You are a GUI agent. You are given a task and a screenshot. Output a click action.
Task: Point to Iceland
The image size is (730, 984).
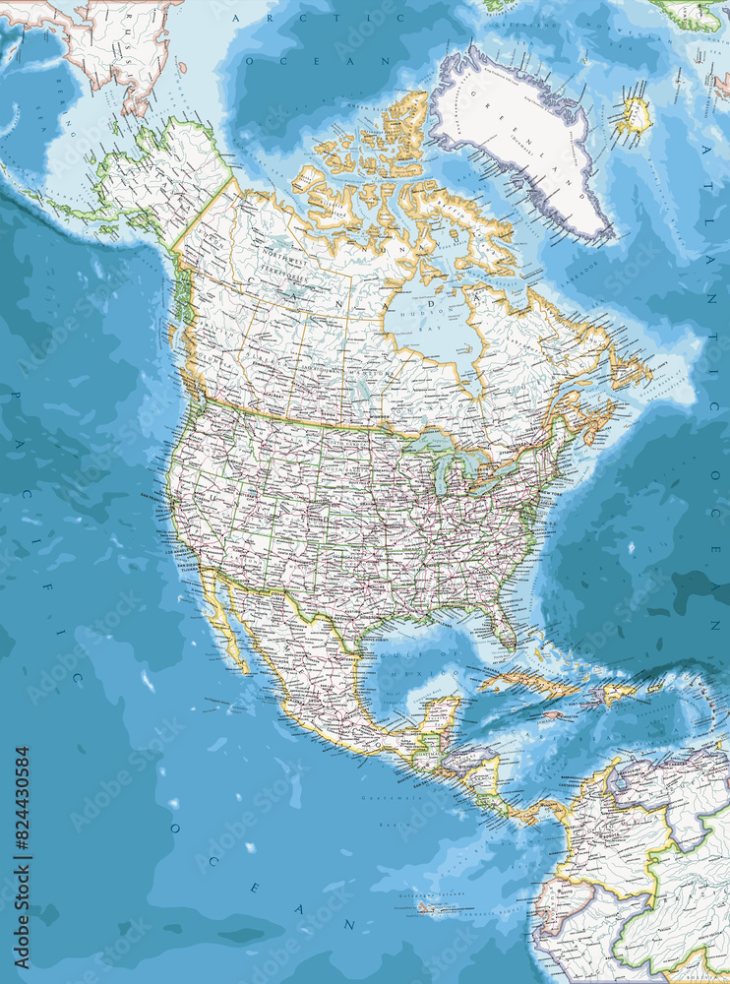point(635,115)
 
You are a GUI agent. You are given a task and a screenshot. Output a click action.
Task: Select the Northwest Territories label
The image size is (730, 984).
point(285,260)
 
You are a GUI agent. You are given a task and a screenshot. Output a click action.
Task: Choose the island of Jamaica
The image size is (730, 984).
point(553,714)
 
